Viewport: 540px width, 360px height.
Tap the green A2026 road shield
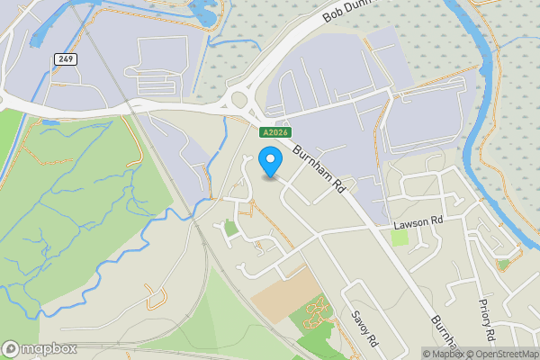click(274, 132)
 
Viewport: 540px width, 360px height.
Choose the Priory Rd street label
click(487, 319)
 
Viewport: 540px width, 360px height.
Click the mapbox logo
click(40, 348)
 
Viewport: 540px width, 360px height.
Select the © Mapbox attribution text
click(443, 354)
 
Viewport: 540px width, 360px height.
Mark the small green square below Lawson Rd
click(400, 238)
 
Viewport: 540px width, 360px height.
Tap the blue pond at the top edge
click(201, 12)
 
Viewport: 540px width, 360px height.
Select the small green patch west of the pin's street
click(230, 229)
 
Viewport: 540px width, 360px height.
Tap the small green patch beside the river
click(503, 264)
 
